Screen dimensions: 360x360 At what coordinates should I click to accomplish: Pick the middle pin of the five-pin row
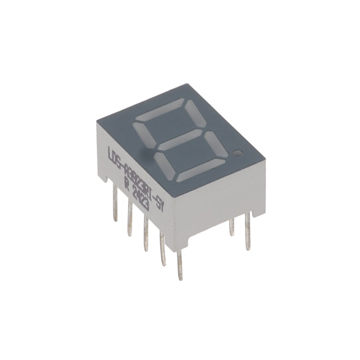coord(145,234)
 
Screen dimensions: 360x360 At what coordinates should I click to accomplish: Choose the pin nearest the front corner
coord(180,265)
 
